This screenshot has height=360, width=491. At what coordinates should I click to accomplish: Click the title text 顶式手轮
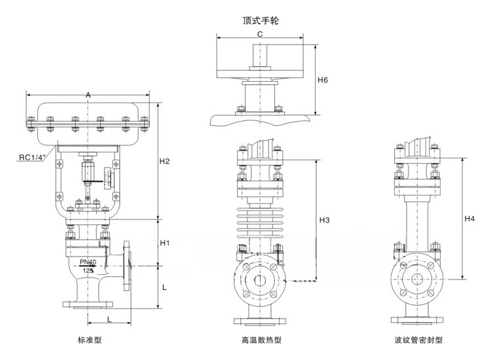[x=261, y=20]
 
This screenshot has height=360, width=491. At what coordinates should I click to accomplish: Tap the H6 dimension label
[x=322, y=80]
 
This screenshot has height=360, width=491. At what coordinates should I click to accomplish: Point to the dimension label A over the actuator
[x=88, y=96]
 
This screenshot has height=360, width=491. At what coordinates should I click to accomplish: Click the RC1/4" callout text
[x=31, y=157]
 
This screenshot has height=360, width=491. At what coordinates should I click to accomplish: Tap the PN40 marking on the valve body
[x=88, y=262]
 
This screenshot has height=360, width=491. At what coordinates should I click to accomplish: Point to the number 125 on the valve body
[x=88, y=270]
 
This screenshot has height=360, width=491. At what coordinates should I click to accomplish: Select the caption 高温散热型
[x=261, y=340]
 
